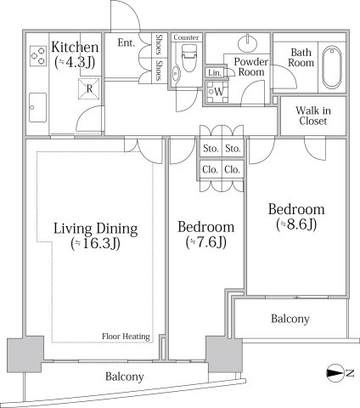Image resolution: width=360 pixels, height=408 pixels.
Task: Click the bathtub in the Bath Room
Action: (x=332, y=67)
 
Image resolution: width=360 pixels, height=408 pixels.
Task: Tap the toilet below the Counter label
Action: (x=188, y=58)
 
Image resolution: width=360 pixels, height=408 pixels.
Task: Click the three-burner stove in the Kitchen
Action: (x=38, y=56)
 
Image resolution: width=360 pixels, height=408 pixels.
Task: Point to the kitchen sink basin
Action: (x=37, y=108)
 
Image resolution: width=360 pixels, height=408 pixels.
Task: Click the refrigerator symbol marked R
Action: (x=89, y=88)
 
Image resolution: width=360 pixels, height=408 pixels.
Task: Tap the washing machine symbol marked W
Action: (x=217, y=92)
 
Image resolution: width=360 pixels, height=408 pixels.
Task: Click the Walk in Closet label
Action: (x=313, y=116)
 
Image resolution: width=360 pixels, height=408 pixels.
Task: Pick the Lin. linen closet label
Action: (x=215, y=73)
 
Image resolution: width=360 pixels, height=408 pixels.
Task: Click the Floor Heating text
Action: (x=126, y=337)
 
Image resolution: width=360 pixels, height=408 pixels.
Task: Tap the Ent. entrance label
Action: (x=126, y=42)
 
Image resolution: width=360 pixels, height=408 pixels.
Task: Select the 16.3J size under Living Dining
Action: (x=96, y=244)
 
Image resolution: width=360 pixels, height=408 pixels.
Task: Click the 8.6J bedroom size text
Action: (x=296, y=224)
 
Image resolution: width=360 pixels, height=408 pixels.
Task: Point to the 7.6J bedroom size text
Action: (x=206, y=242)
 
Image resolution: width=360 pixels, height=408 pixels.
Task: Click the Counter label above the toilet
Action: (x=186, y=37)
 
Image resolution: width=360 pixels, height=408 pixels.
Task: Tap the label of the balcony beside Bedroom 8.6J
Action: (x=290, y=319)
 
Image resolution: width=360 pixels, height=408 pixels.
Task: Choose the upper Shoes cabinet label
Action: (x=160, y=44)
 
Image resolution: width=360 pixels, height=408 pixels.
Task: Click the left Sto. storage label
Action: (x=211, y=149)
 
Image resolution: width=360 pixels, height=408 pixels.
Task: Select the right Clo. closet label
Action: (x=232, y=170)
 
